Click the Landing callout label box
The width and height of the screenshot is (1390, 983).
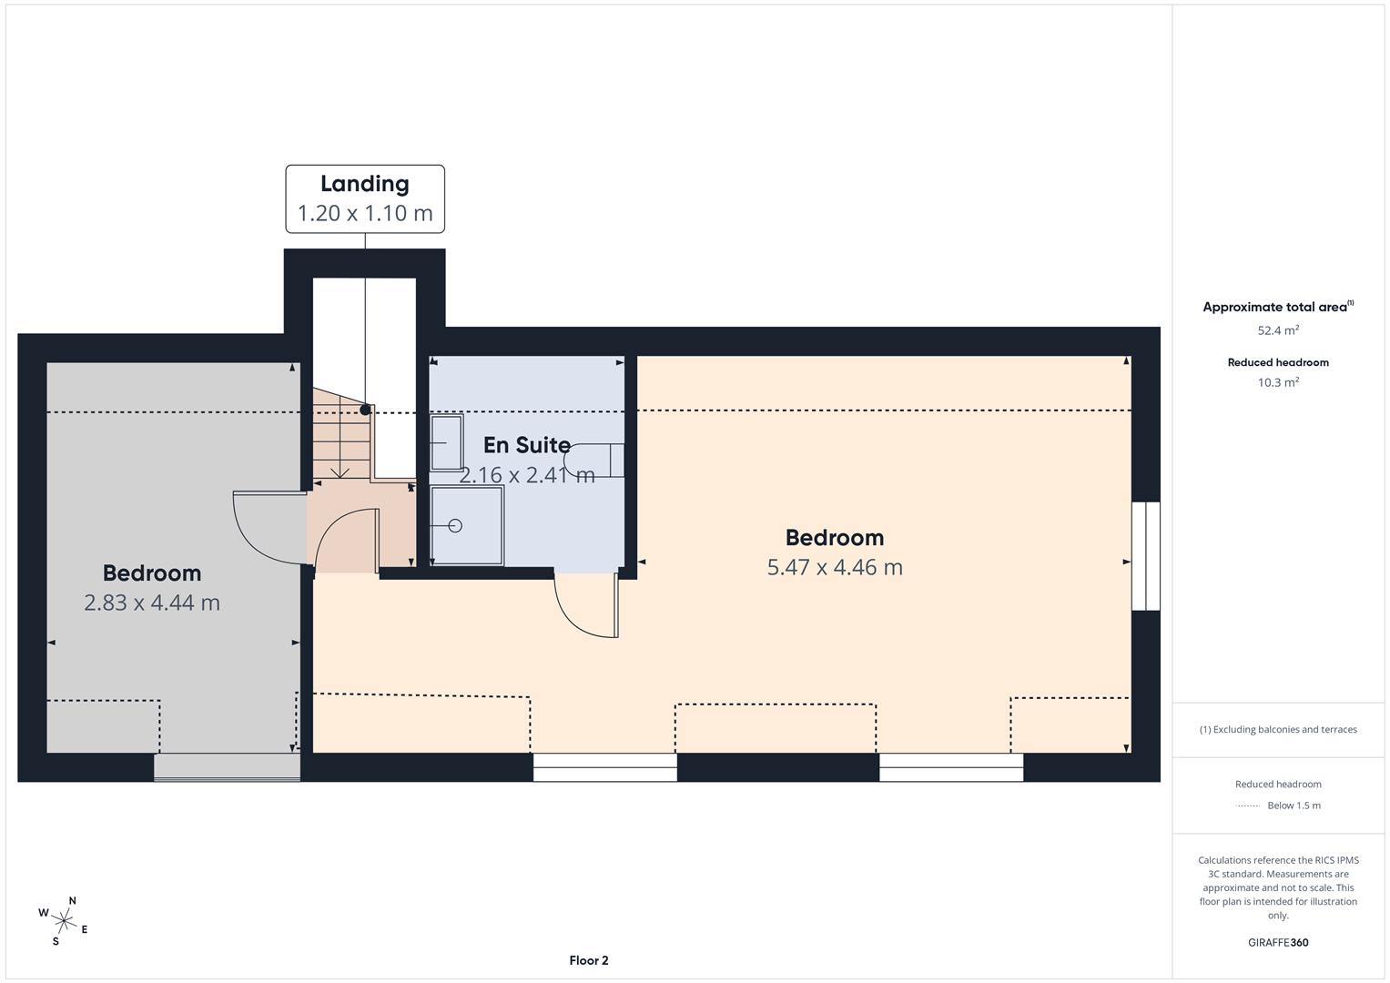coord(365,198)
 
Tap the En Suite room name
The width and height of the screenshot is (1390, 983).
coord(526,445)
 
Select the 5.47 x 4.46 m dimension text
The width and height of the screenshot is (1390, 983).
coord(835,567)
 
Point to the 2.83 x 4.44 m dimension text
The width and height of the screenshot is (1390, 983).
coord(152,603)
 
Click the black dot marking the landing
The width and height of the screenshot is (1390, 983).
coord(365,410)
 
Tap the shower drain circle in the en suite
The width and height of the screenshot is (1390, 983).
coord(455,526)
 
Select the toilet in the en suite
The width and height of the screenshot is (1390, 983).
coord(596,460)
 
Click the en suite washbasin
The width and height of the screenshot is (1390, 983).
coord(446,442)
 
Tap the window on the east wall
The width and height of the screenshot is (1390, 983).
coord(1145,555)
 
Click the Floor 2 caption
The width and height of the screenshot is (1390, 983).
coord(588,960)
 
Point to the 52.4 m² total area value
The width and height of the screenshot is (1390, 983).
coord(1278,331)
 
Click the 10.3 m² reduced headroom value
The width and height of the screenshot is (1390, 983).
coord(1278,382)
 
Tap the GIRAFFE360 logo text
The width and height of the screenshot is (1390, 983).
coord(1278,942)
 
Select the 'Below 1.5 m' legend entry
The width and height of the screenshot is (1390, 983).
coord(1293,806)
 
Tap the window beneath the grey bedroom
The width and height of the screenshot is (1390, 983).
coord(227,767)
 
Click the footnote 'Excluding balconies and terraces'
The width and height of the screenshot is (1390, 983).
coord(1278,729)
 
